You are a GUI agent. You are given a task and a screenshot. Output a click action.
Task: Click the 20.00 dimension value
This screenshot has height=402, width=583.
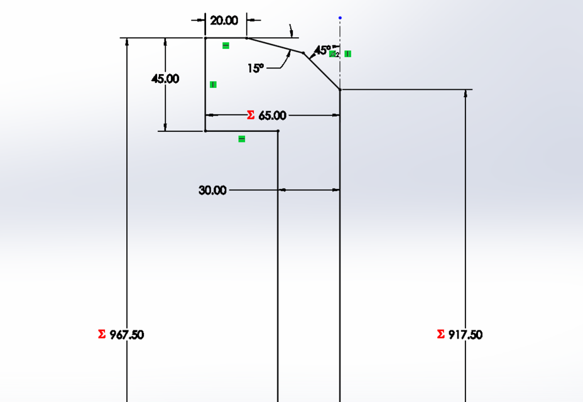coord(224,21)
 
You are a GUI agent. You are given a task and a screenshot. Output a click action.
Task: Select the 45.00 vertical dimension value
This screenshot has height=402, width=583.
coord(165,79)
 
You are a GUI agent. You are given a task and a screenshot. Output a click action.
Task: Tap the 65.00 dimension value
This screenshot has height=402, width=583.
coord(272,116)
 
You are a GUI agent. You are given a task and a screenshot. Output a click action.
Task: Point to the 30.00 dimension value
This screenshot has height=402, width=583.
coord(212,190)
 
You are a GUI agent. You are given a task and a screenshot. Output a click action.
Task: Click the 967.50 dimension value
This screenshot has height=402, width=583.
coord(127,335)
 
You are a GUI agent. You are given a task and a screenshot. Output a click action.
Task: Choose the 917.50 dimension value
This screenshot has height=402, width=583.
coord(466,335)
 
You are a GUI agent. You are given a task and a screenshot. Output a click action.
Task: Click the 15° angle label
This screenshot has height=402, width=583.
coord(256,68)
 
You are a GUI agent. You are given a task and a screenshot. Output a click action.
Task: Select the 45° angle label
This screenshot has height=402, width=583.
coord(322,50)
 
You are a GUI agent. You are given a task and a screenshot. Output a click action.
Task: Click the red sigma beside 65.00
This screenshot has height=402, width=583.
coord(251,116)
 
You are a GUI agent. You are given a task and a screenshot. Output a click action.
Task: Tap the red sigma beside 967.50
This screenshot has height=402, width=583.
coord(102,334)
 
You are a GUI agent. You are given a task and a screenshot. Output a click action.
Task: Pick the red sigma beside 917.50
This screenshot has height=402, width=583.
coord(440,334)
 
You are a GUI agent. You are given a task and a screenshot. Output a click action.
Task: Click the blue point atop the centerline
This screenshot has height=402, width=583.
coord(340,18)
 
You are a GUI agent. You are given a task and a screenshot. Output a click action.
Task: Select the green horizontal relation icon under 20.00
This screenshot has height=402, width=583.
coord(226,46)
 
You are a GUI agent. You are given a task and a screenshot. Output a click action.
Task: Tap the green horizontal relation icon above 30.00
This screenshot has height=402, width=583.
coord(242,139)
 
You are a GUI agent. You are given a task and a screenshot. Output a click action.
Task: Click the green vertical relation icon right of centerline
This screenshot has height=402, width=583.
coord(347,54)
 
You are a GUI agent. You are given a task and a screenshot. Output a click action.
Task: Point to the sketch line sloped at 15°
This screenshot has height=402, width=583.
coord(275,45)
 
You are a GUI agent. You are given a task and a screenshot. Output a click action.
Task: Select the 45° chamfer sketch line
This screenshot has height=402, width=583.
coord(322,72)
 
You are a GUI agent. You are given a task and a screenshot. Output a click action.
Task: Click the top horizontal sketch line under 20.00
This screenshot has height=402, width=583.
coord(226,38)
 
